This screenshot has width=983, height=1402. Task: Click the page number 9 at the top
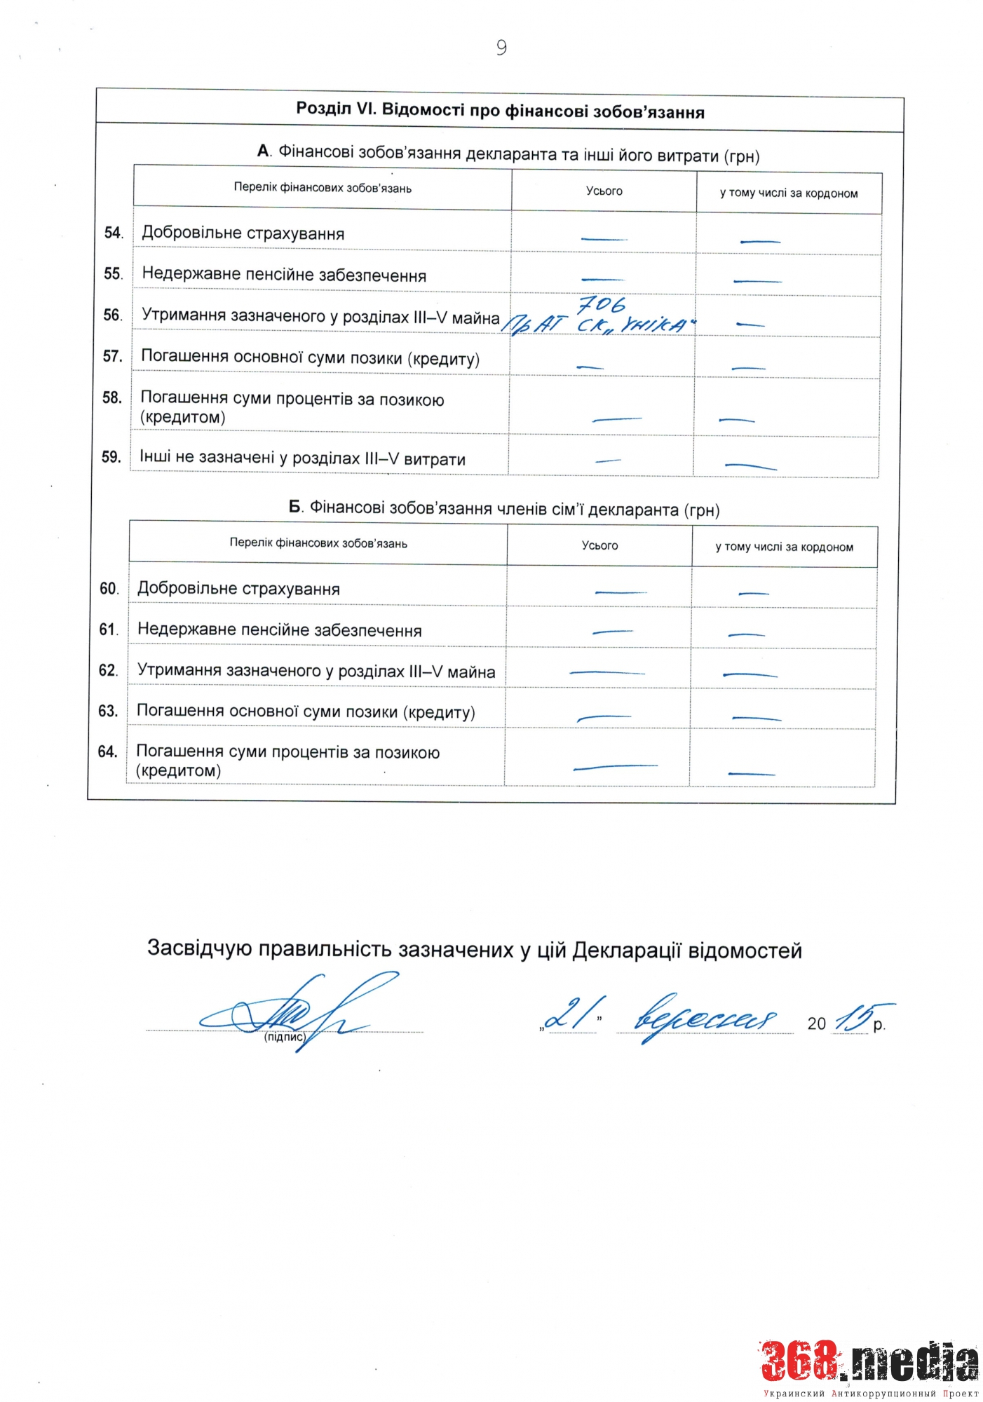(x=501, y=48)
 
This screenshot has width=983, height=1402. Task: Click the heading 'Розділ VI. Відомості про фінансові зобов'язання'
(x=500, y=111)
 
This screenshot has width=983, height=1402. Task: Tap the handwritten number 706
(x=601, y=305)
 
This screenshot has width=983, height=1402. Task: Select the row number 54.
(x=113, y=233)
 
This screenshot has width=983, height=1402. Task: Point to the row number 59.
(x=111, y=457)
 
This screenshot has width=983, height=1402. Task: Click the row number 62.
(x=108, y=670)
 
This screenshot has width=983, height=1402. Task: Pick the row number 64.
(x=107, y=751)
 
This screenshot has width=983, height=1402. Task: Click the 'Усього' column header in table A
(x=604, y=191)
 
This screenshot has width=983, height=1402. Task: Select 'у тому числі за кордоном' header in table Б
(x=784, y=547)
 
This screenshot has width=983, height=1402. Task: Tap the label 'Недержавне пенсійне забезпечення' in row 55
(x=284, y=275)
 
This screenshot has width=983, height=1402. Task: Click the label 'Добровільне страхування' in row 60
(x=238, y=589)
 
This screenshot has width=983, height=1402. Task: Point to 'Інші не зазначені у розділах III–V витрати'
(x=302, y=458)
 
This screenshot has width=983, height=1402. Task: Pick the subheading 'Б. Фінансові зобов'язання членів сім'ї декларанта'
(x=504, y=509)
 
